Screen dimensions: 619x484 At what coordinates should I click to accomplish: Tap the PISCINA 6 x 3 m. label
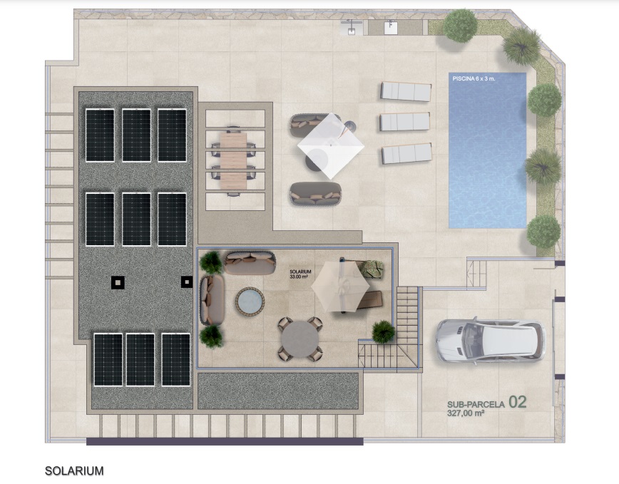pos(474,78)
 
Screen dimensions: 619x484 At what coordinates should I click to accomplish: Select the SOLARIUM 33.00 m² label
pos(300,274)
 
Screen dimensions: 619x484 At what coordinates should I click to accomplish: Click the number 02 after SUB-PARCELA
pos(518,402)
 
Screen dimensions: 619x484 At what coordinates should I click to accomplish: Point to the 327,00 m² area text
pos(466,413)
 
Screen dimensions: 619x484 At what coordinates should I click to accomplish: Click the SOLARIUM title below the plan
pos(74,471)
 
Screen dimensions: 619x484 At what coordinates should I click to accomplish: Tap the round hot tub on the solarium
pos(250,302)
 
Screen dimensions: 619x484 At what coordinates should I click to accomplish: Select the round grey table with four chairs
pos(300,339)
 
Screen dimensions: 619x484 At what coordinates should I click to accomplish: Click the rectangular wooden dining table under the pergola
pos(233,160)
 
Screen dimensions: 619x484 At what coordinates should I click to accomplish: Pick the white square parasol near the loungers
pos(331,146)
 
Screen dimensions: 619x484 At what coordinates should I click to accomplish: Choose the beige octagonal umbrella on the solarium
pos(340,287)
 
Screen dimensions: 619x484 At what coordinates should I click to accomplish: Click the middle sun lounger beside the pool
pos(404,121)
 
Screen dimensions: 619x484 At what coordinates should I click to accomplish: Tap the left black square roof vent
pos(118,282)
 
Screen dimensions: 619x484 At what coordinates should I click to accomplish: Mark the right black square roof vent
pos(187,282)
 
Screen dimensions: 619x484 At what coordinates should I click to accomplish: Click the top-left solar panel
pos(101,135)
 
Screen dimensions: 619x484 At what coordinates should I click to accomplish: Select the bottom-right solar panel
pos(176,360)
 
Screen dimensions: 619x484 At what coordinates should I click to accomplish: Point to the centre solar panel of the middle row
pos(137,220)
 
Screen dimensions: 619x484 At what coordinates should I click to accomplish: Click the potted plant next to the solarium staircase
pos(384,331)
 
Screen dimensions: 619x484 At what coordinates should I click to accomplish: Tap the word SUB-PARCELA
pos(476,404)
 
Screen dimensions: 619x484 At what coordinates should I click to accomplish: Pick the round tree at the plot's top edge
pos(460,26)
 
